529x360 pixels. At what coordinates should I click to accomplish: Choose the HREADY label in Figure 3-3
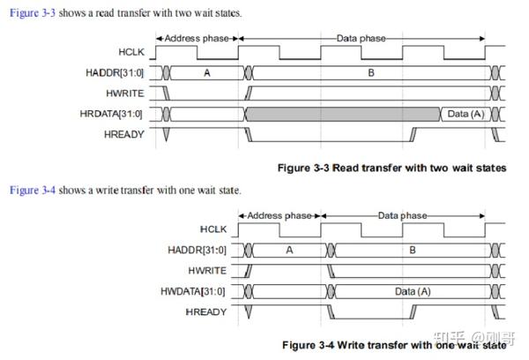(x=123, y=134)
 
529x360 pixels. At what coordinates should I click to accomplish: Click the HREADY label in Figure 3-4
(x=206, y=312)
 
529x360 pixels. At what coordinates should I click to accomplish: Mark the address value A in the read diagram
(x=207, y=74)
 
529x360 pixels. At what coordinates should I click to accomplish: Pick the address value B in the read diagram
(x=370, y=74)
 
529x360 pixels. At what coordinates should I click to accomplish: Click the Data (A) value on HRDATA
(x=465, y=114)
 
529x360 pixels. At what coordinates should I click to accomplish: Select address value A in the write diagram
(x=288, y=251)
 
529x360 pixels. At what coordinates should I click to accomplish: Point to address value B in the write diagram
(x=413, y=251)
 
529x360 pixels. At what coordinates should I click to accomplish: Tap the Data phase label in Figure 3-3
(x=361, y=38)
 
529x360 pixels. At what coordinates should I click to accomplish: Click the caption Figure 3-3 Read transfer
(x=391, y=168)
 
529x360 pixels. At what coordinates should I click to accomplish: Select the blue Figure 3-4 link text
(x=31, y=190)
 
